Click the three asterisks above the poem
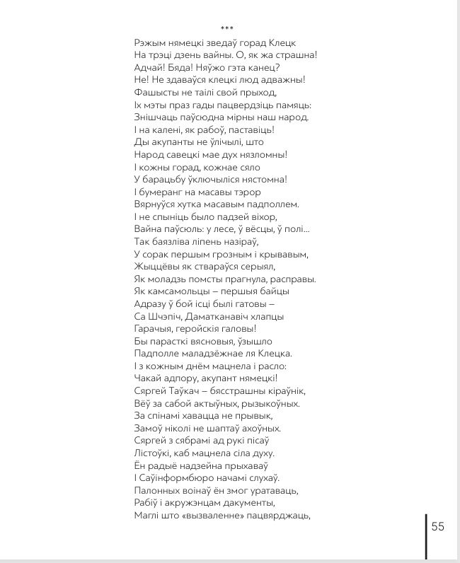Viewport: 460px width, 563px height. pyautogui.click(x=226, y=29)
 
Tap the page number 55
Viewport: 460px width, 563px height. pyautogui.click(x=437, y=526)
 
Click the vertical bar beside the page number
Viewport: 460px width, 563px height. pyautogui.click(x=426, y=537)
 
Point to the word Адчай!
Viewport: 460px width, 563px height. pyautogui.click(x=146, y=67)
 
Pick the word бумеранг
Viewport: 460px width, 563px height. pyautogui.click(x=164, y=192)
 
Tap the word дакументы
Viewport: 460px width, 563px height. pyautogui.click(x=244, y=502)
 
